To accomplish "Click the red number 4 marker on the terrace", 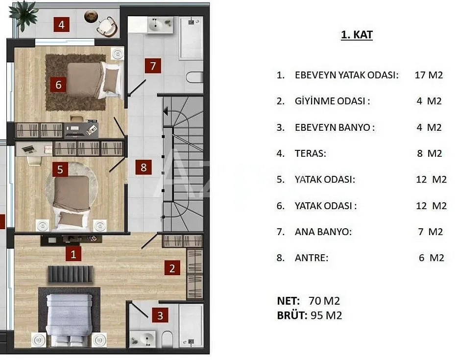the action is [61, 24].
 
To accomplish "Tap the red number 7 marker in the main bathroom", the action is [153, 66].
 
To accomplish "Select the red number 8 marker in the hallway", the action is [144, 168].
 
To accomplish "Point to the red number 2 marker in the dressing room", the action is [172, 268].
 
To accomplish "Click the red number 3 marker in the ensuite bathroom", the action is [160, 315].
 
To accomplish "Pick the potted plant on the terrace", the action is [24, 13].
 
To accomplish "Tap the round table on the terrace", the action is [91, 16].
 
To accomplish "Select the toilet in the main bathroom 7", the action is [194, 77].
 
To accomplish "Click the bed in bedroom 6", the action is [94, 80].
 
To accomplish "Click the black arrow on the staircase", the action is [166, 111].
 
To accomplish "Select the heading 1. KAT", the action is [357, 35].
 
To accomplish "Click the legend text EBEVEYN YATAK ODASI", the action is [346, 75].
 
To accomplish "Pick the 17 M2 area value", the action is [429, 75].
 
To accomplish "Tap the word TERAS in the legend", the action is [310, 153].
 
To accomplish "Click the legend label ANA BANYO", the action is [323, 232].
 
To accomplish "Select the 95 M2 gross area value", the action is [326, 315].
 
